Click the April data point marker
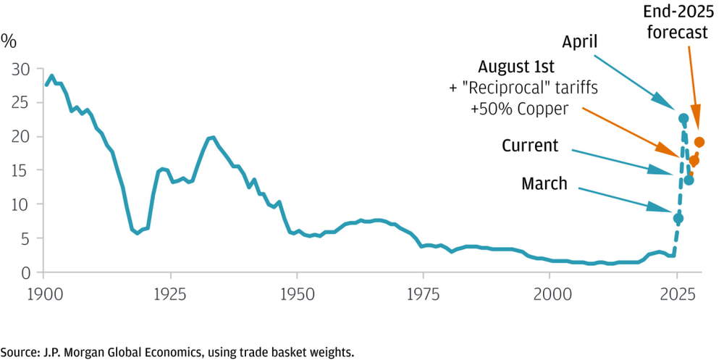(683, 119)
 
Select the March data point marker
(678, 218)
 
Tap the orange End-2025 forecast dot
(699, 142)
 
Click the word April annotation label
(579, 43)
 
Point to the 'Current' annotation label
(530, 146)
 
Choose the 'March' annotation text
(544, 184)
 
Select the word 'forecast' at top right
(678, 33)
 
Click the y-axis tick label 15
(22, 170)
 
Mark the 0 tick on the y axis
(27, 272)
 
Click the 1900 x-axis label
(43, 295)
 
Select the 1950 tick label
(296, 295)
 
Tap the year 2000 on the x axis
(550, 295)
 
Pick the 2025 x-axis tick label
(676, 295)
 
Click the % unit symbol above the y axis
(9, 41)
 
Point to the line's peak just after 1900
(51, 76)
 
